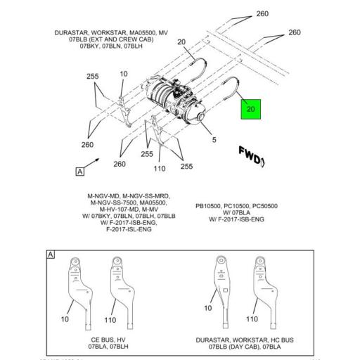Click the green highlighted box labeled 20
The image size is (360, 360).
[252, 109]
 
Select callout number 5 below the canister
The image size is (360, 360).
[214, 139]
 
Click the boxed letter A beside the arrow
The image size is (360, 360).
[80, 171]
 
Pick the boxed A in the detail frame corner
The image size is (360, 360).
[50, 254]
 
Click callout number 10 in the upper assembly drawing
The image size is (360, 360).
[124, 74]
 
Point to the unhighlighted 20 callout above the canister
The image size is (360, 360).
[181, 43]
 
